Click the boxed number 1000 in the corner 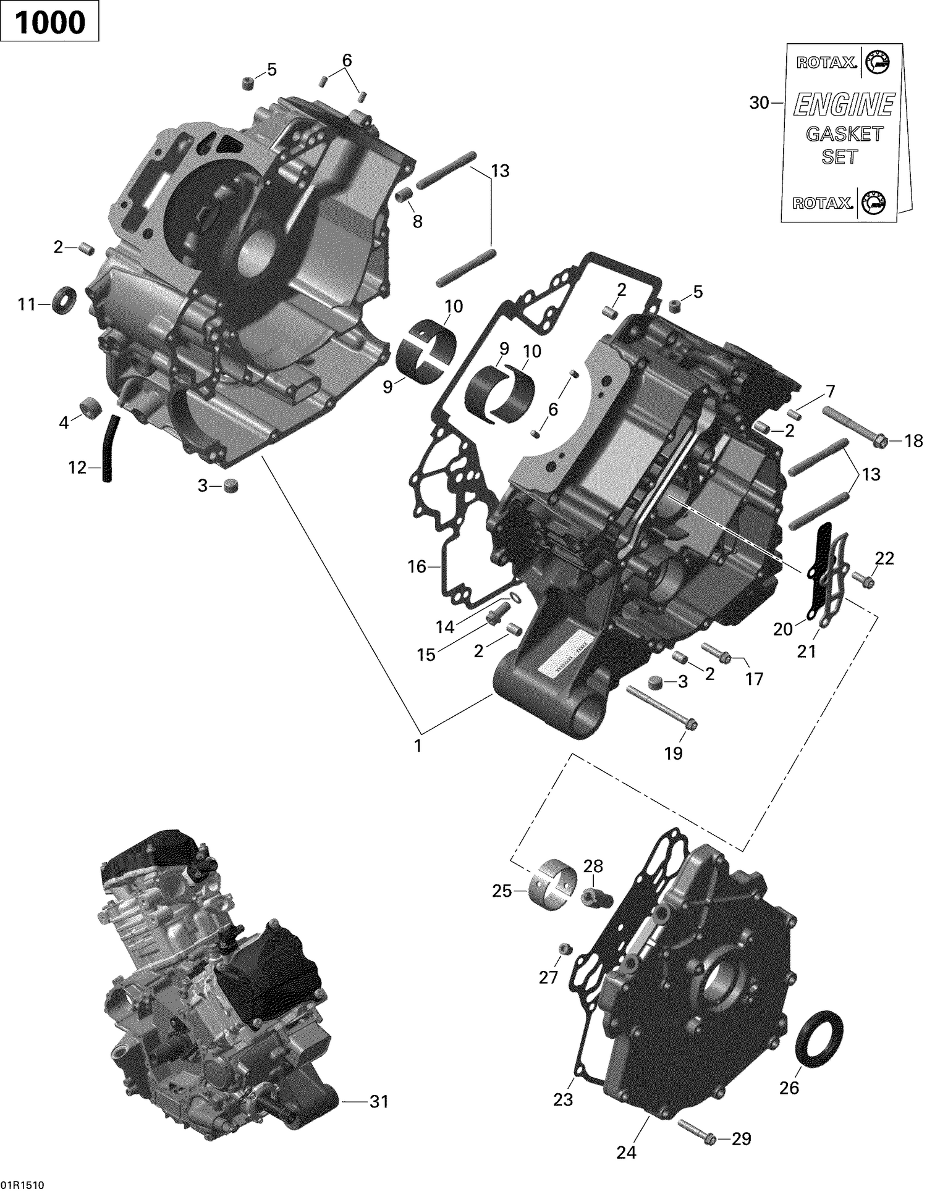(49, 23)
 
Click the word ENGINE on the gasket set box (844, 104)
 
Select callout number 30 (759, 103)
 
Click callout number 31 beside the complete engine (379, 1101)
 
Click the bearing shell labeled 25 (554, 888)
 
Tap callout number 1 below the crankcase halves (418, 745)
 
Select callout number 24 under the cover (625, 1152)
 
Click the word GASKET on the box (844, 133)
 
